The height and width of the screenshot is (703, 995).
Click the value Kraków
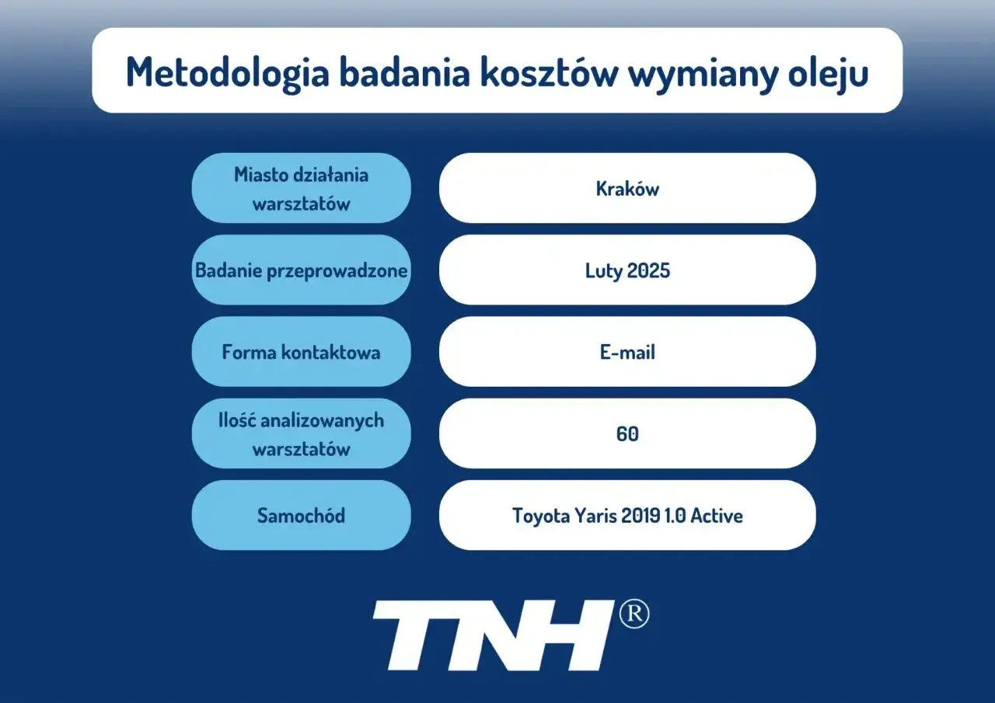[x=627, y=189]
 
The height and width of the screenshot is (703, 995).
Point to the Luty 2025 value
[x=627, y=270]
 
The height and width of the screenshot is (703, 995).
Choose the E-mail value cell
[x=627, y=352]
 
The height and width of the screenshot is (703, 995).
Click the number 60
[x=627, y=434]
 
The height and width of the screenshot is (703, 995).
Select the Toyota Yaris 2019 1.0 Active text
[x=627, y=516]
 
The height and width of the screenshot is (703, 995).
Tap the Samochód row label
[x=301, y=516]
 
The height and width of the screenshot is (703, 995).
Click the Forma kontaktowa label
[x=301, y=352]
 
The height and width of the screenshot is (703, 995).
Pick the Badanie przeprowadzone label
[x=301, y=270]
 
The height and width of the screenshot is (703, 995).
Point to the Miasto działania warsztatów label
[x=301, y=189]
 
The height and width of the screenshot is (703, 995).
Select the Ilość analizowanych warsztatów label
[x=301, y=434]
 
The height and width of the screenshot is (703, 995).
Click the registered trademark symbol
[x=634, y=614]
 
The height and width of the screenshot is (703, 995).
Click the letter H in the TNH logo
[x=567, y=635]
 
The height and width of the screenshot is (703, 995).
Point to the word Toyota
[x=539, y=516]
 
